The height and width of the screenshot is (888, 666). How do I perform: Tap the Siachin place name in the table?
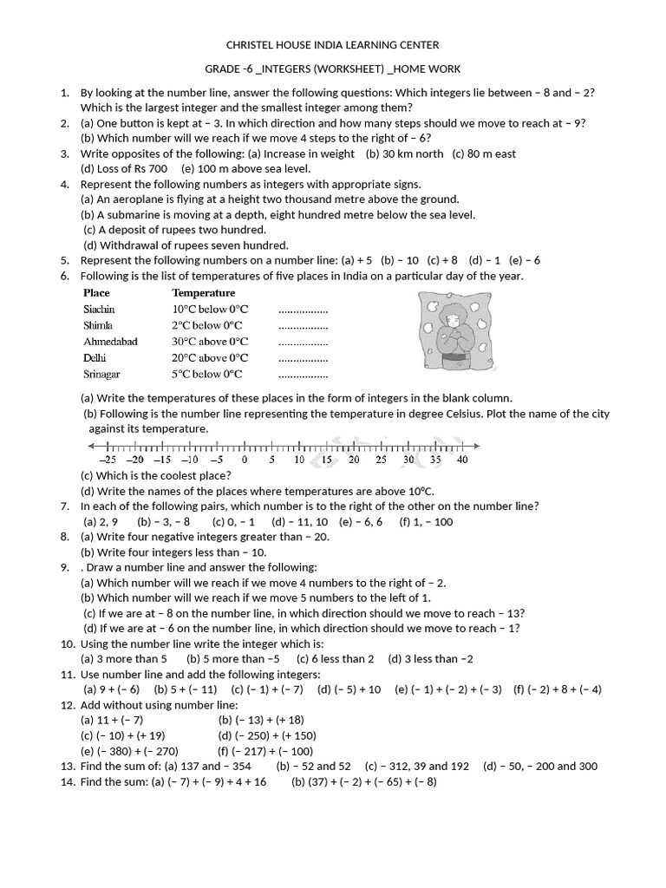click(x=99, y=309)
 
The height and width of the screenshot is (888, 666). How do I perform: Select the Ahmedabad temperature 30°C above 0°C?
click(x=210, y=342)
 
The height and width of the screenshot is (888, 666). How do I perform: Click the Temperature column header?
click(x=204, y=293)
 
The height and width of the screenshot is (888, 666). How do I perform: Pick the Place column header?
click(x=96, y=293)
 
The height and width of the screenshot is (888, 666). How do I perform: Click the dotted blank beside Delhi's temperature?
click(x=303, y=358)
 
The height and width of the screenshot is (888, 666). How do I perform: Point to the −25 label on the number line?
click(x=108, y=460)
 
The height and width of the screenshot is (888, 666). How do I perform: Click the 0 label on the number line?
click(x=245, y=460)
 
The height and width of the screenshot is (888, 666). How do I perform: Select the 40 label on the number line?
click(x=462, y=460)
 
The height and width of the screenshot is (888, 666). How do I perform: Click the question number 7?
click(x=65, y=506)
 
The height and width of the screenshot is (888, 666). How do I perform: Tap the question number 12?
click(x=68, y=705)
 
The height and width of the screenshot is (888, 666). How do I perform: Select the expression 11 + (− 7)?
click(x=112, y=720)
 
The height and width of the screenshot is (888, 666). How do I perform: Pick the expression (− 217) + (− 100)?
click(x=266, y=751)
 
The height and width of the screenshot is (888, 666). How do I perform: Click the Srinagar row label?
click(x=101, y=375)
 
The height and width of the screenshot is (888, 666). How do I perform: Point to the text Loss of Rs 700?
click(x=124, y=168)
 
